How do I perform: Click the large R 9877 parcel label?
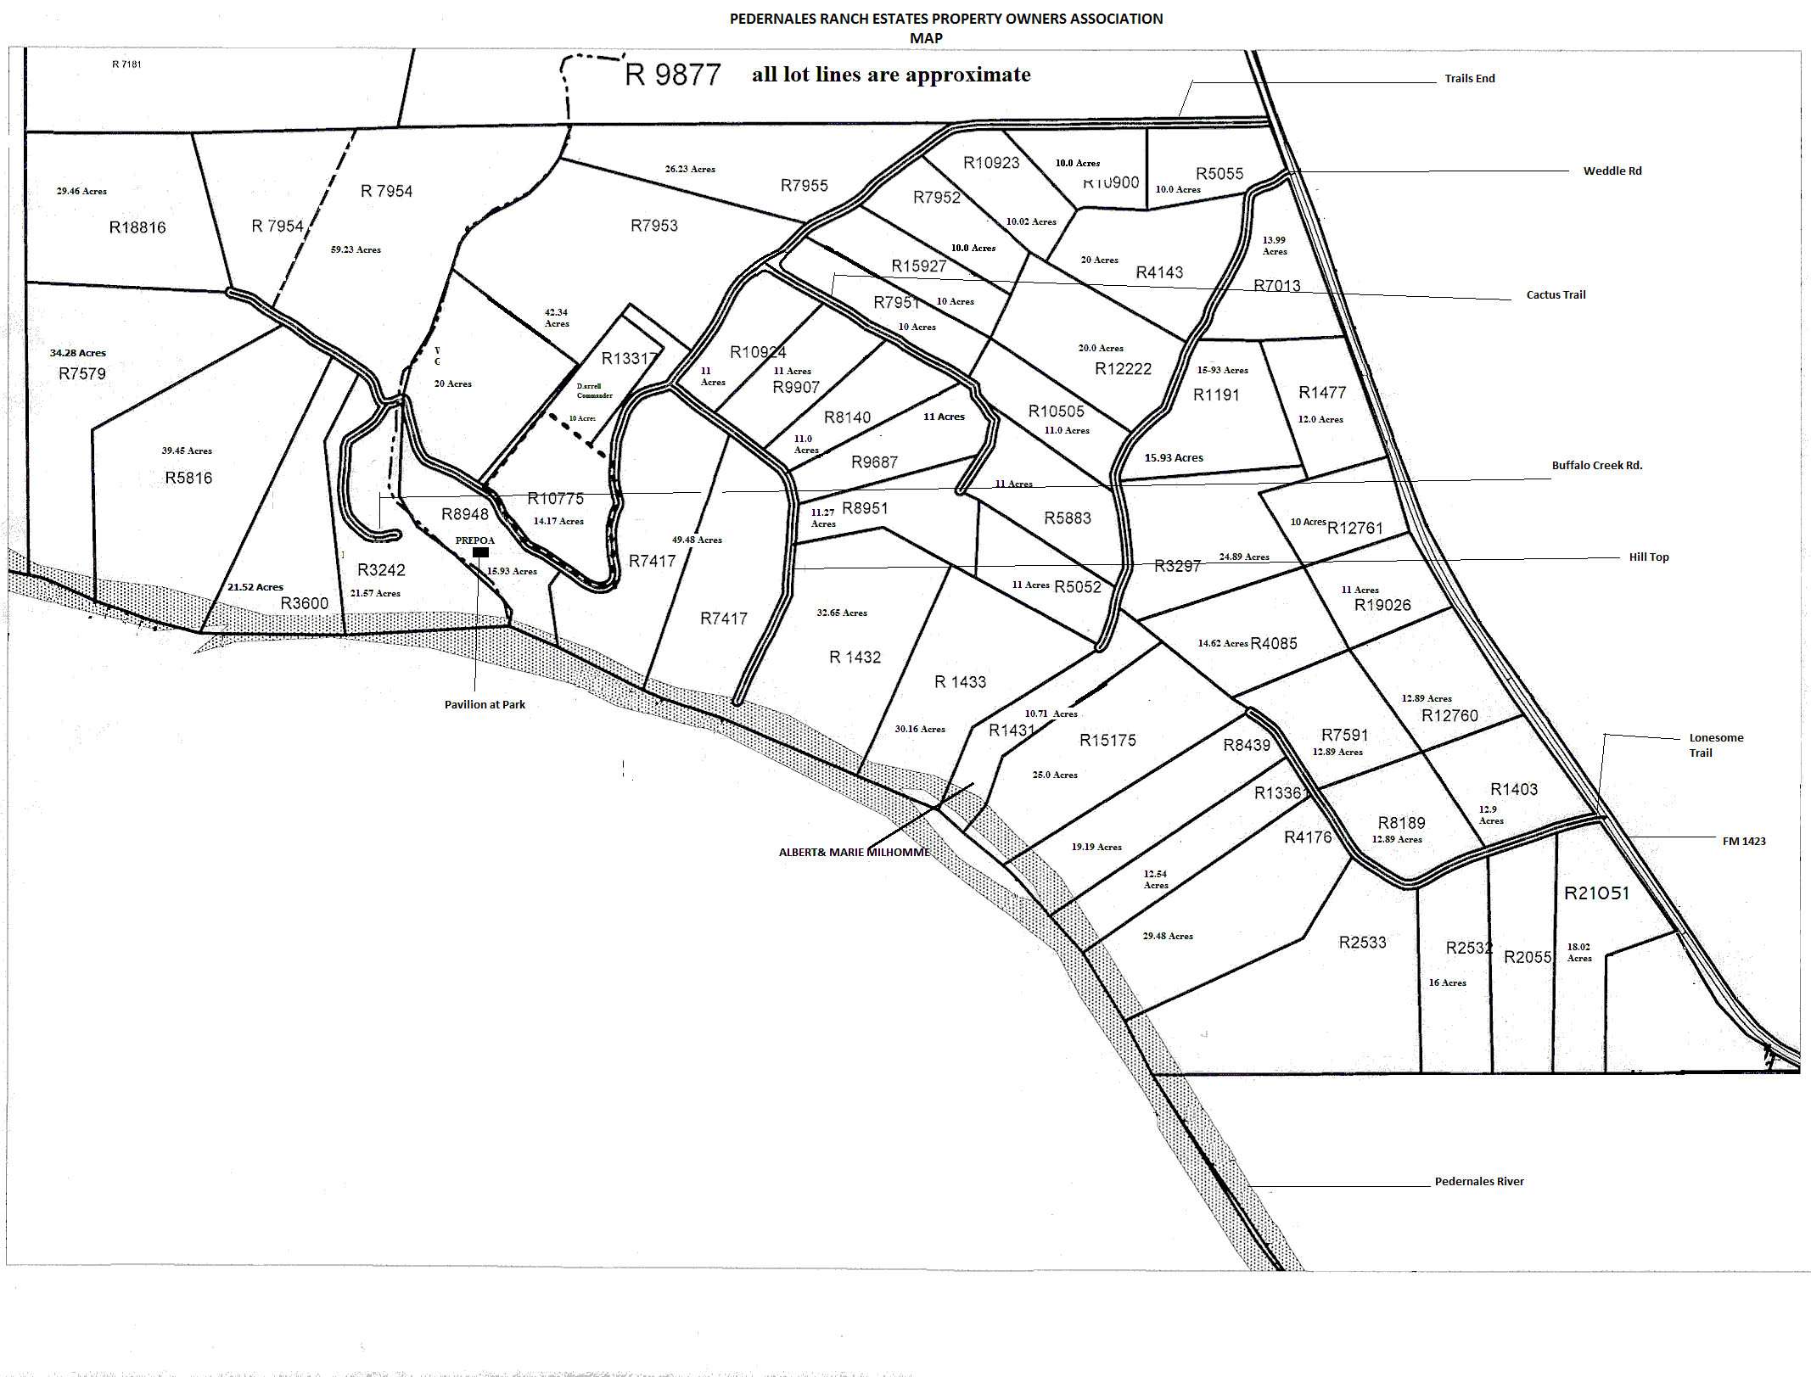[672, 75]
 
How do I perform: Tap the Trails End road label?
[1470, 78]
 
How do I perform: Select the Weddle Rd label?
[1612, 171]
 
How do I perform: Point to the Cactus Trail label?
[1556, 294]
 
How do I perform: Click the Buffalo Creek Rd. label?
[1597, 465]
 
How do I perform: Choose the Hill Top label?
[1649, 557]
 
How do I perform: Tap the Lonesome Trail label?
[1715, 745]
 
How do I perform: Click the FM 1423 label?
[1744, 841]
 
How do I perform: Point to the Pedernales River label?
[1479, 1181]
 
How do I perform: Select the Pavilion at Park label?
[485, 704]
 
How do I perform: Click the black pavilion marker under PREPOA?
[480, 552]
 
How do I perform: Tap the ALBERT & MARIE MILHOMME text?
[854, 852]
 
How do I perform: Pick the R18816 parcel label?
[137, 227]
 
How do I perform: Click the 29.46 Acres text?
[81, 191]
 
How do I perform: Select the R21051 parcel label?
[1596, 893]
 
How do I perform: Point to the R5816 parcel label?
[188, 478]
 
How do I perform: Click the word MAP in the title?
[926, 38]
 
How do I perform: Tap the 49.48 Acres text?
[697, 540]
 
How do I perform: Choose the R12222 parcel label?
[1123, 368]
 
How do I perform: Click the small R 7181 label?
[126, 64]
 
